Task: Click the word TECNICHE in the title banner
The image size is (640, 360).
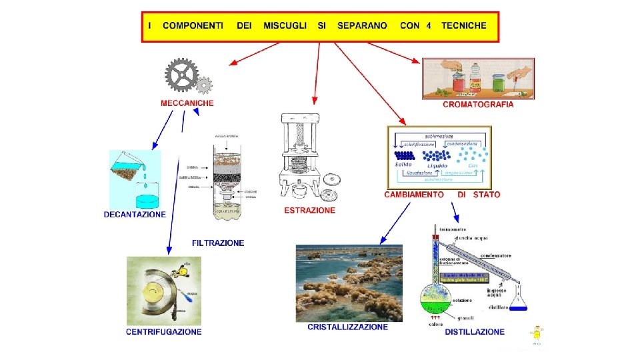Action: click(x=464, y=26)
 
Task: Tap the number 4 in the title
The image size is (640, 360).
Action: click(x=429, y=26)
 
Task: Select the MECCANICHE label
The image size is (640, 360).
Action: click(x=187, y=103)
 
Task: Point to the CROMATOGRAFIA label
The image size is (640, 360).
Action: click(x=478, y=105)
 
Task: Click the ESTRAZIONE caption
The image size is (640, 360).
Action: click(x=310, y=211)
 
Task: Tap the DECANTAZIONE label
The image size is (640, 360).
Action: click(x=135, y=215)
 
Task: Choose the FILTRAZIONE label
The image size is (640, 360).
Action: click(x=218, y=243)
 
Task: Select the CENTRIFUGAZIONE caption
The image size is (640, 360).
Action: click(x=163, y=331)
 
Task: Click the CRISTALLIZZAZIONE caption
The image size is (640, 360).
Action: click(x=347, y=327)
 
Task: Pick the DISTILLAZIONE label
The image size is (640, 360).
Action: click(x=475, y=331)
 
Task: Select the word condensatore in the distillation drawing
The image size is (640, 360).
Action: click(x=497, y=255)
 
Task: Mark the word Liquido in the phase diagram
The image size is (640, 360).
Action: click(x=437, y=165)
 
